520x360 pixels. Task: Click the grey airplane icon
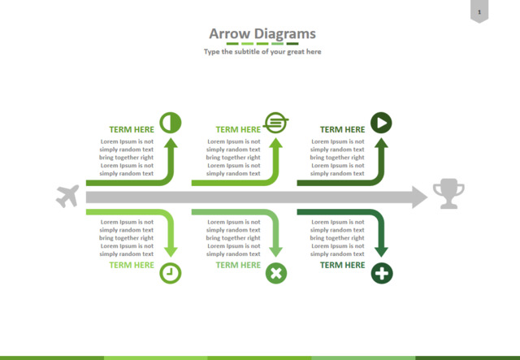click(x=67, y=196)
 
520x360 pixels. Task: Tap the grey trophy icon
click(x=448, y=193)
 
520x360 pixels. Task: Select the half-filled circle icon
click(x=171, y=123)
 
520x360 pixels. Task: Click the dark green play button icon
click(x=381, y=123)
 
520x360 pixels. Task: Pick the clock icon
click(x=171, y=273)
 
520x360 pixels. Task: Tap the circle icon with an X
click(x=276, y=273)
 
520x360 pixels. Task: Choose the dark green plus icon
click(x=382, y=273)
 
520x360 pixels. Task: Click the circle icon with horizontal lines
click(x=276, y=123)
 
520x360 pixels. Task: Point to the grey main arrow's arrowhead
click(x=420, y=197)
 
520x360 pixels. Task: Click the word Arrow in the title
click(x=230, y=33)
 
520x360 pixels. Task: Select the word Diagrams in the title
click(x=285, y=34)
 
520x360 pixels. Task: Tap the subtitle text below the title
click(x=262, y=52)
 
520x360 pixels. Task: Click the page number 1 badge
click(x=479, y=11)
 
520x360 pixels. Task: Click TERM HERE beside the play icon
click(x=342, y=129)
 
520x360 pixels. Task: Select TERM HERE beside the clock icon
click(x=132, y=265)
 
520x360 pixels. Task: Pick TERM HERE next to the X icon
click(x=238, y=265)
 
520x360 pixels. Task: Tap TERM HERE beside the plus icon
click(x=342, y=265)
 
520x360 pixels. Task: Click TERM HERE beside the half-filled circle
click(x=132, y=129)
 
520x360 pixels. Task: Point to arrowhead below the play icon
click(x=381, y=143)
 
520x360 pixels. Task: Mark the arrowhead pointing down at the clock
click(x=171, y=252)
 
